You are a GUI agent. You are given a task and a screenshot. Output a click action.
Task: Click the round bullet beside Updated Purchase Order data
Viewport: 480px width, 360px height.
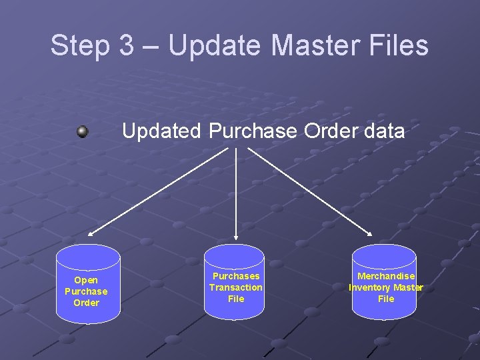[x=83, y=131]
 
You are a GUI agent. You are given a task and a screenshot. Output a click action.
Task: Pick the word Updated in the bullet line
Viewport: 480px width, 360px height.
[x=161, y=131]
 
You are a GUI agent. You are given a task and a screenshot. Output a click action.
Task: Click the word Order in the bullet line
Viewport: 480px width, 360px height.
[x=325, y=131]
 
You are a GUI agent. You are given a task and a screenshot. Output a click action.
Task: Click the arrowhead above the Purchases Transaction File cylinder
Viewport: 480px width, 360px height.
[x=236, y=235]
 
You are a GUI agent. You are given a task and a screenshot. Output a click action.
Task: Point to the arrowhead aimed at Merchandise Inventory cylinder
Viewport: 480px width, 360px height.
[x=371, y=233]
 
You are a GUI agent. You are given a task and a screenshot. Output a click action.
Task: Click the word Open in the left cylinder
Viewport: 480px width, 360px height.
[x=86, y=280]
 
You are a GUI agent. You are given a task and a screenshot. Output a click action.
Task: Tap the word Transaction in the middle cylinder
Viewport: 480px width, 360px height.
[x=236, y=287]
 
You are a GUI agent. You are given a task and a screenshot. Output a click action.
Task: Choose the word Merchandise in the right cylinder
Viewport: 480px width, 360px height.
[x=386, y=276]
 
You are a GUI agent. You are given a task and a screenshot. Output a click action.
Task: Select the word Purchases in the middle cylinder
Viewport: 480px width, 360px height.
[x=236, y=276]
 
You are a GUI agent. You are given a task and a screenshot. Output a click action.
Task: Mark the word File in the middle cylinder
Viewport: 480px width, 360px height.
[x=236, y=299]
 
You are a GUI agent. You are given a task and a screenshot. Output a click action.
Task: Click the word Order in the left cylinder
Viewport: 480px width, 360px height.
[x=86, y=303]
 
